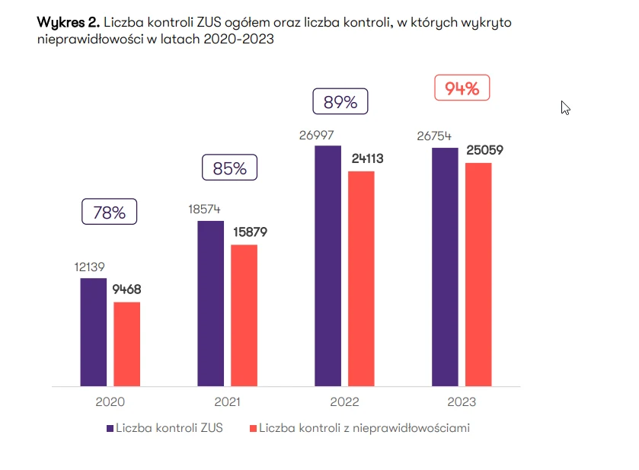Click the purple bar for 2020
pos(94,332)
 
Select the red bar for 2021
pos(244,315)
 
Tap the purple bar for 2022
pos(327,266)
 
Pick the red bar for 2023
pos(478,274)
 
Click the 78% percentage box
pos(109,213)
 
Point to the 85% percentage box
pos(229,168)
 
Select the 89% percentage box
pos(340,102)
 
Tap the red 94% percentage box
pos(462,88)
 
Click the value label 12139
pos(89,267)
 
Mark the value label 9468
pos(126,289)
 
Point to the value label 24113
pos(366,159)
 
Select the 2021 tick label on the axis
pos(227,401)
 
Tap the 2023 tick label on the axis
pos(461,401)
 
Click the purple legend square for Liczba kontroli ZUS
pos(110,428)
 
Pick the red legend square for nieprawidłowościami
pos(253,428)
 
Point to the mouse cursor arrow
pos(565,107)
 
